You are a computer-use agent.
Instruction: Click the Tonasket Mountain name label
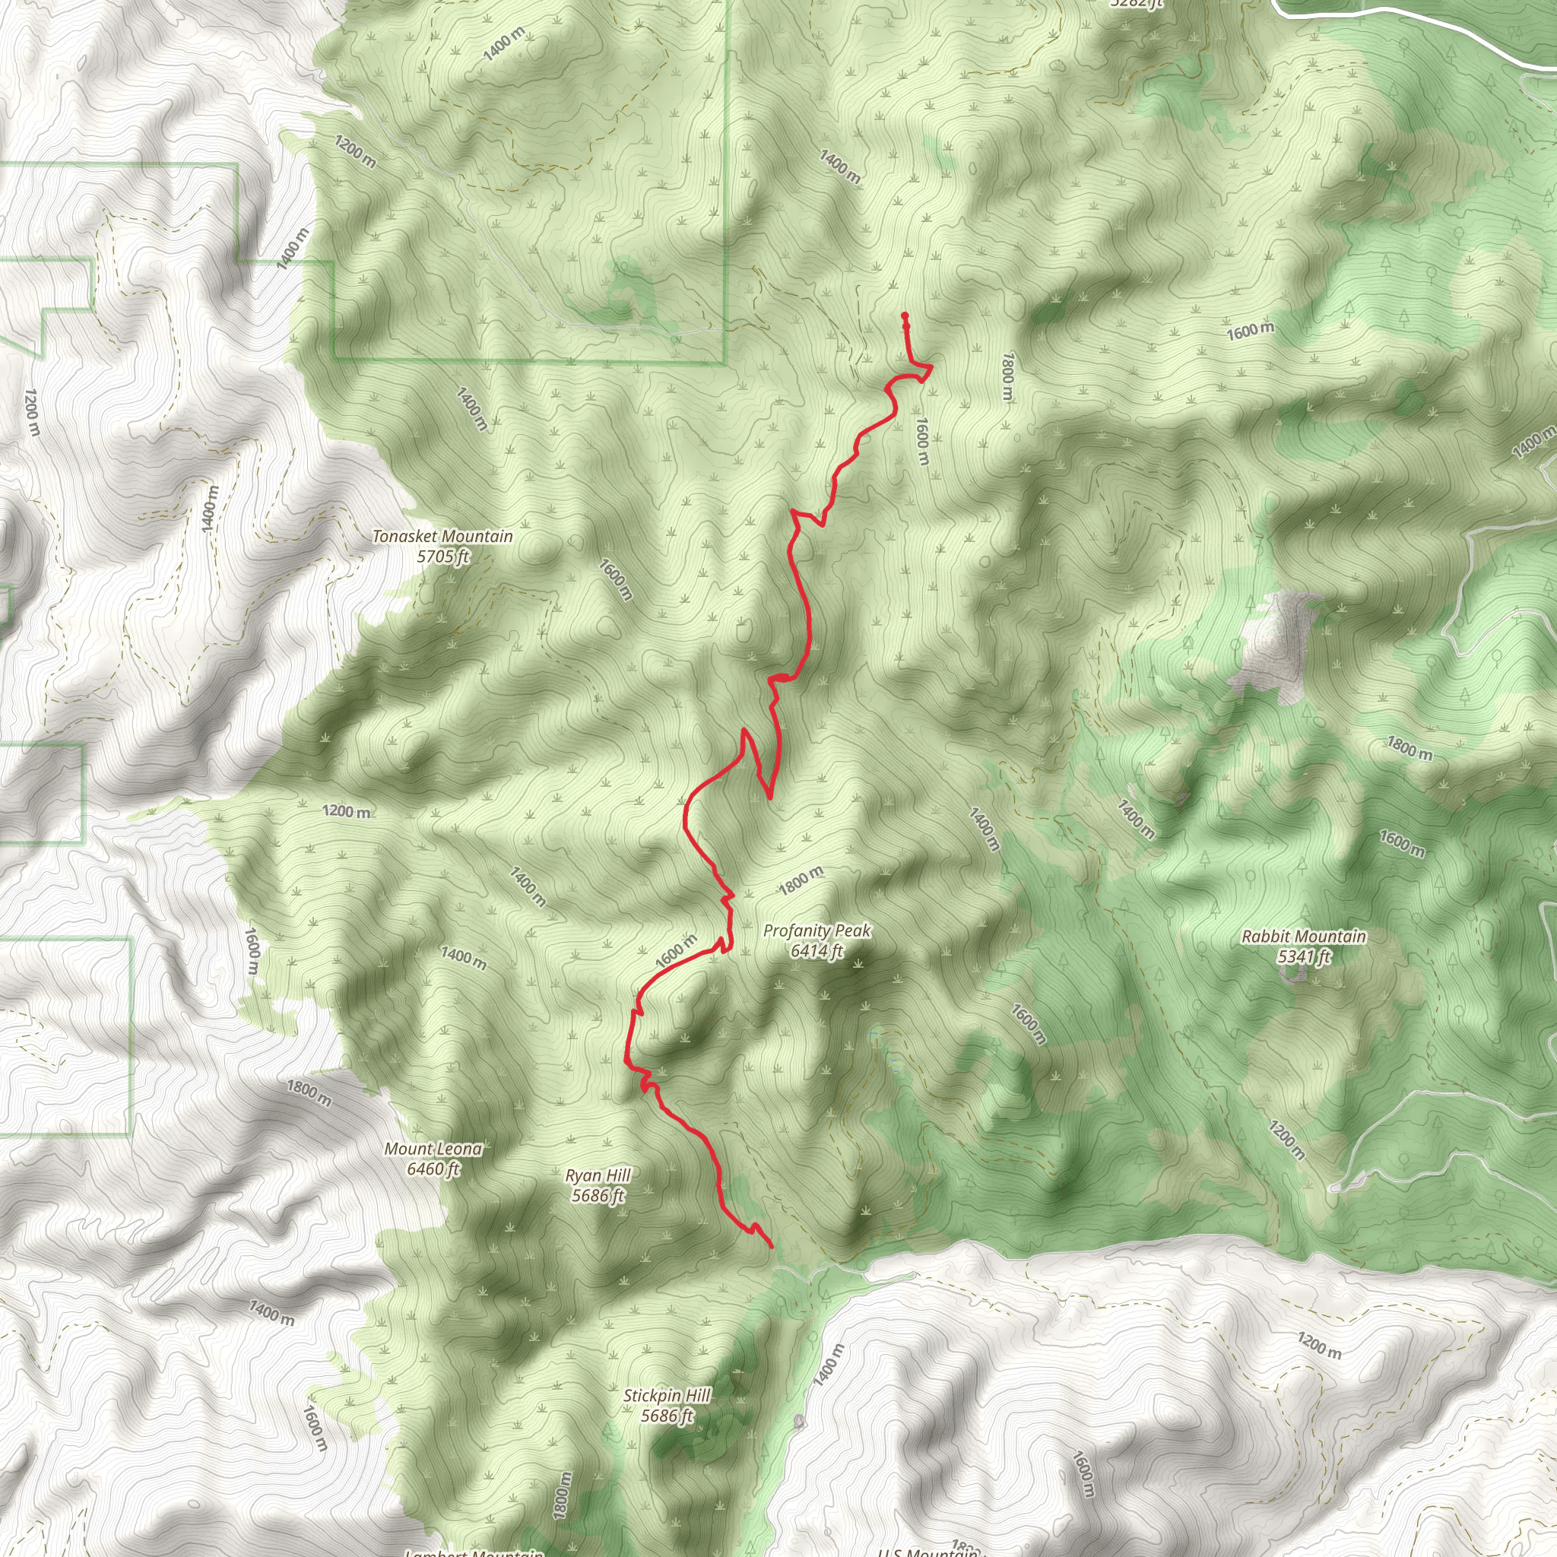tap(442, 536)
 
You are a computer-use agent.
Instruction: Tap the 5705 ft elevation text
tap(442, 556)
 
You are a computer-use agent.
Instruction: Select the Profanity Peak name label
tap(817, 931)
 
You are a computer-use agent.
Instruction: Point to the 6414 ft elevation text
tap(817, 951)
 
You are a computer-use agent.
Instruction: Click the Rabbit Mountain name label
tap(1303, 937)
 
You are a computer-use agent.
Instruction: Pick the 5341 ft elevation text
tap(1303, 956)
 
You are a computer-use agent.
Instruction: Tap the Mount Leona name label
tap(433, 1149)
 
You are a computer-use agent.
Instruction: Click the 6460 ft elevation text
tap(433, 1169)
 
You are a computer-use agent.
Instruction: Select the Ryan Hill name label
tap(598, 1175)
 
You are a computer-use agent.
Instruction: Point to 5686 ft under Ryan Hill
tap(598, 1195)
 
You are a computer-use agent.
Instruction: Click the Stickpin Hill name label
tap(668, 1395)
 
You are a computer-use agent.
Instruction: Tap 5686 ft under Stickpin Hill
tap(668, 1415)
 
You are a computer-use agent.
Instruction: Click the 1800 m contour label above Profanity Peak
tap(801, 881)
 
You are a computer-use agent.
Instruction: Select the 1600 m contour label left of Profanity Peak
tap(676, 951)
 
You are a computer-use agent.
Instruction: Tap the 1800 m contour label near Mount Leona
tap(309, 1093)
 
